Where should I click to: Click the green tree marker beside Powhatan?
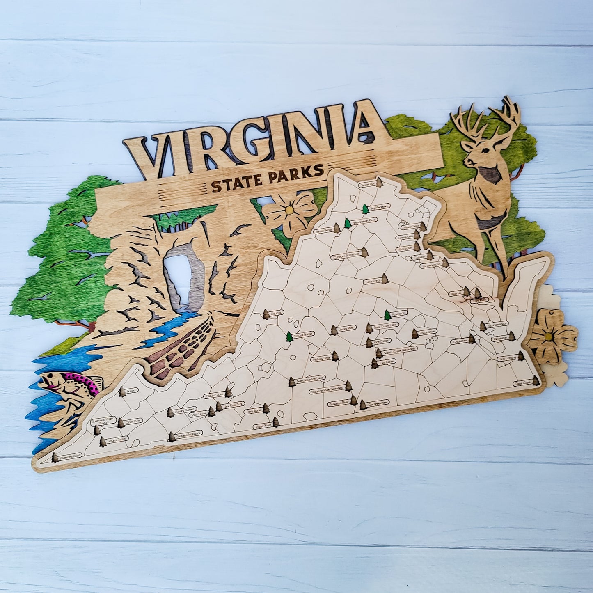[x=387, y=315]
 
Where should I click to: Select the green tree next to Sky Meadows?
[x=365, y=209]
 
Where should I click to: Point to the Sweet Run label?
[x=367, y=185]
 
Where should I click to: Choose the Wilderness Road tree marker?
[x=55, y=458]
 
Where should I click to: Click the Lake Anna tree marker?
[x=385, y=279]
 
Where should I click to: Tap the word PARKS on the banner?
[x=294, y=173]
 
